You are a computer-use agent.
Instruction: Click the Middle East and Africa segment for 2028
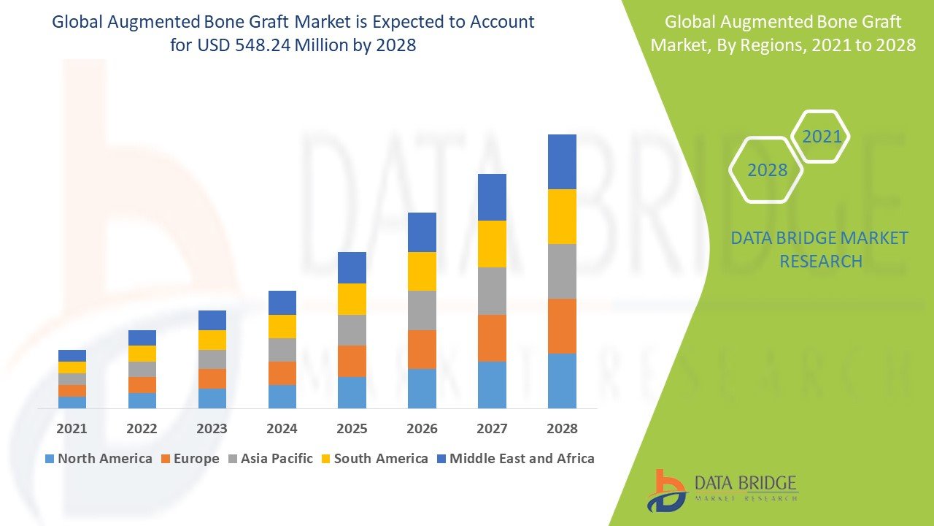[562, 161]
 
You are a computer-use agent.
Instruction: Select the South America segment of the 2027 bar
[492, 244]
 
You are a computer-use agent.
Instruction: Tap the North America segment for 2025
[352, 392]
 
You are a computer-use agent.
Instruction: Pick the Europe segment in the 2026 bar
[422, 349]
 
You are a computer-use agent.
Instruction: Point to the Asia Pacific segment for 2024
[282, 350]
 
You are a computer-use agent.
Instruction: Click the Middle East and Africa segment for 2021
[72, 356]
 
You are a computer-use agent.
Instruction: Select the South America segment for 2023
[212, 340]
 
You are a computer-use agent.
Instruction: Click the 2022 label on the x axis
[142, 429]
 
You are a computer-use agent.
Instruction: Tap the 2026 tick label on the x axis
[422, 429]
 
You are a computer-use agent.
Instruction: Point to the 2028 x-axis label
[562, 429]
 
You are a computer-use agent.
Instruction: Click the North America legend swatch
[50, 459]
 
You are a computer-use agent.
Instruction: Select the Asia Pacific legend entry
[269, 459]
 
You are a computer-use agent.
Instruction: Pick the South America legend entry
[373, 459]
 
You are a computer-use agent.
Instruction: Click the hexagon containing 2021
[822, 137]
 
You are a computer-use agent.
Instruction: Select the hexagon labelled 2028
[767, 169]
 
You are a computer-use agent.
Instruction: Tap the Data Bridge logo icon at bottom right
[665, 489]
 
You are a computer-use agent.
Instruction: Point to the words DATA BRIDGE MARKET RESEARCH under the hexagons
[820, 249]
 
